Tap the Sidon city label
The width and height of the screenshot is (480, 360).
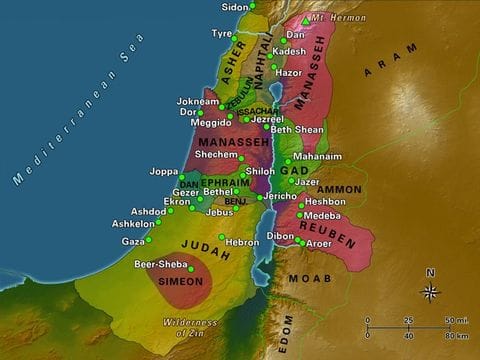[234, 6]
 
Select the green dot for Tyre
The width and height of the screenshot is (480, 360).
[240, 33]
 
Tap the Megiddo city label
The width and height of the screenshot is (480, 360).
[202, 124]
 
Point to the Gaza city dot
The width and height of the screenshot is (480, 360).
[149, 240]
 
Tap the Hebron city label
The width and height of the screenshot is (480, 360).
[243, 242]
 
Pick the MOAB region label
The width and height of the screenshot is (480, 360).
[307, 277]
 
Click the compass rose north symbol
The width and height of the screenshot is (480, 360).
[430, 290]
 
